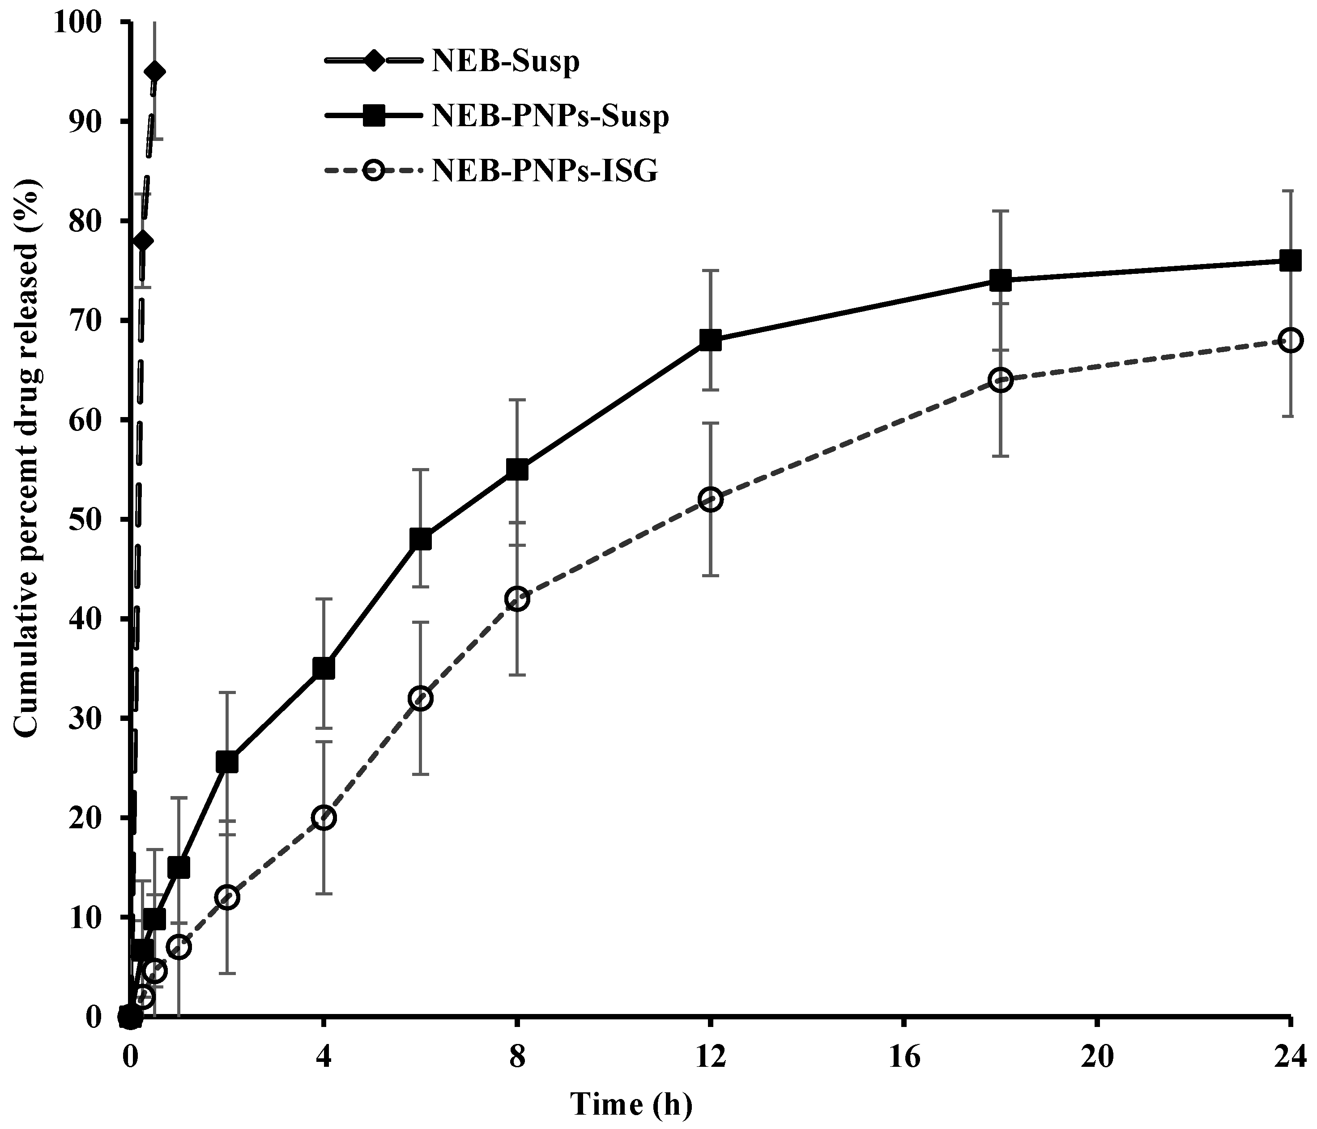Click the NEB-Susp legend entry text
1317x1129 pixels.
click(x=505, y=62)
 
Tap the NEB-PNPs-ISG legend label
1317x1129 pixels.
click(x=545, y=171)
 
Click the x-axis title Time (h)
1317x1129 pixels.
click(x=631, y=1105)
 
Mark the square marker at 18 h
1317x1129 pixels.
click(x=1001, y=280)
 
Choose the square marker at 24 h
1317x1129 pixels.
click(x=1290, y=260)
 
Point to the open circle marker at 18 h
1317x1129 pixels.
click(x=1001, y=380)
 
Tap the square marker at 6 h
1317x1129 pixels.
click(x=421, y=539)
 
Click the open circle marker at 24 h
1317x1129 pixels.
click(x=1290, y=340)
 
